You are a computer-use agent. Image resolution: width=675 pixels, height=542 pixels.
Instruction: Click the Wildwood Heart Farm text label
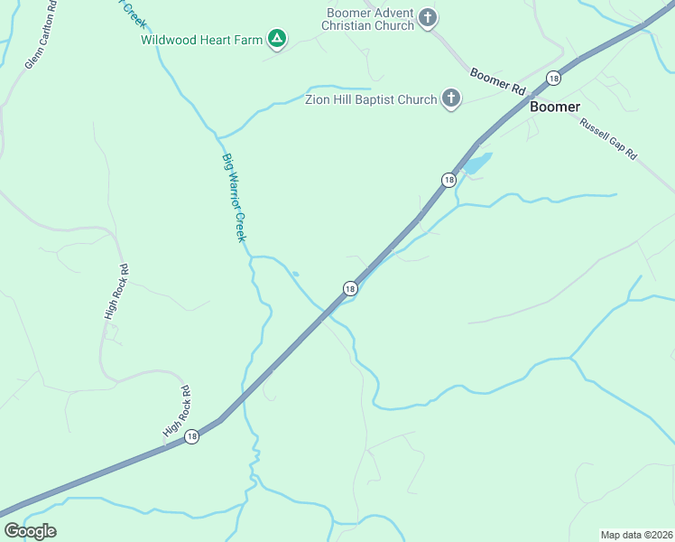[202, 39]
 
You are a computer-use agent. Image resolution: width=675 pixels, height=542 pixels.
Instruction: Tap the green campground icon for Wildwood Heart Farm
[278, 38]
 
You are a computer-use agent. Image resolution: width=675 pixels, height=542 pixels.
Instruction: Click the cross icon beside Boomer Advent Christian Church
[428, 17]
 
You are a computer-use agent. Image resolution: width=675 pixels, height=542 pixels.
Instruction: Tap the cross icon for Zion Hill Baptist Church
[451, 98]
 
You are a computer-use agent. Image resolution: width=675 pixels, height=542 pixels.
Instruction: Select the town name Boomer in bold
[555, 106]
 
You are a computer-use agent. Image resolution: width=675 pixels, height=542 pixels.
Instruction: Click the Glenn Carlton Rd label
[41, 35]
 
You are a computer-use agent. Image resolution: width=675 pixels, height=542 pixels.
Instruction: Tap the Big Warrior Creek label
[234, 197]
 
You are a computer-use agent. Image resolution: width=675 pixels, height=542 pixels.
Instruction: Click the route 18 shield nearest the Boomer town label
[553, 79]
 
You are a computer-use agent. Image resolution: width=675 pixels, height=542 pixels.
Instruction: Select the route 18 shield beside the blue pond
[448, 180]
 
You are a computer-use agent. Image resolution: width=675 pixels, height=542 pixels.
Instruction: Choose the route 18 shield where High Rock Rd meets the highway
[191, 436]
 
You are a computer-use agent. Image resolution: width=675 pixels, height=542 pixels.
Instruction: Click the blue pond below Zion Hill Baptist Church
[476, 164]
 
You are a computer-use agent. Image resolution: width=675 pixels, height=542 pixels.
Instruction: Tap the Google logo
[30, 531]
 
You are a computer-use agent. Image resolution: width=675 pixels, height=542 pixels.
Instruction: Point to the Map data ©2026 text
[636, 535]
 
